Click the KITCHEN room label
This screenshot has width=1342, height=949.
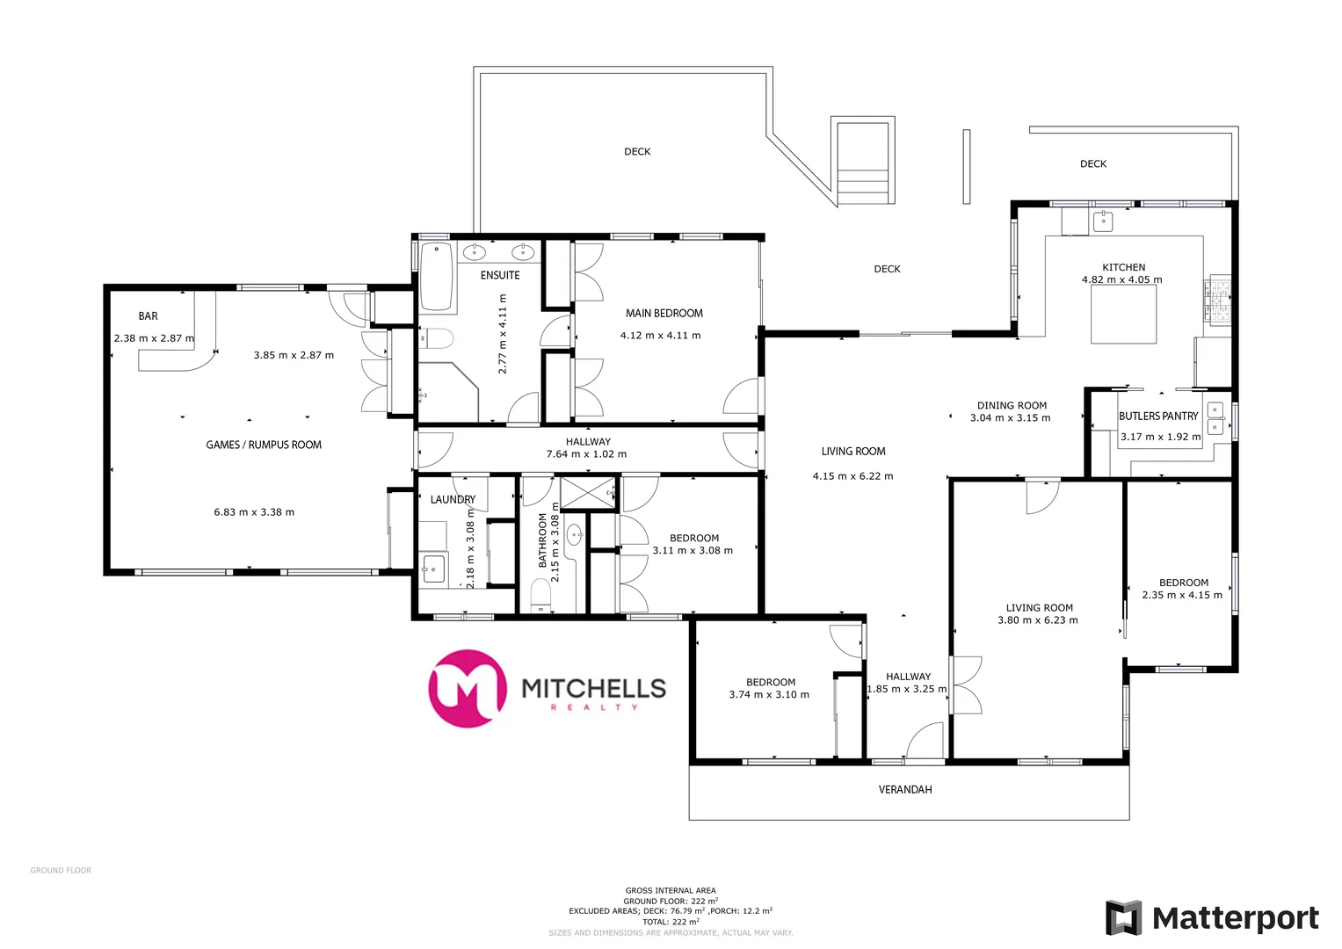[1123, 267]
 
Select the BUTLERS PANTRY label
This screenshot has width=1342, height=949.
[1158, 417]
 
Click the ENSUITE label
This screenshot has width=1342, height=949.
[500, 275]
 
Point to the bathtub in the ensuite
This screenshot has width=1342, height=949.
[436, 277]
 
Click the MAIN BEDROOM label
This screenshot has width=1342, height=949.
[664, 313]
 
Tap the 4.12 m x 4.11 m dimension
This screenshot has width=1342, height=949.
[660, 336]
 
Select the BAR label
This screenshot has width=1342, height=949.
[148, 316]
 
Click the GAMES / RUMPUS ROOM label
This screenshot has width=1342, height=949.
[264, 446]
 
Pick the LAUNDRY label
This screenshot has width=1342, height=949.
[453, 499]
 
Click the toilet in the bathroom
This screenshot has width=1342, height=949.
[540, 597]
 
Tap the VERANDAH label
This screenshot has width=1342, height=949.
[905, 790]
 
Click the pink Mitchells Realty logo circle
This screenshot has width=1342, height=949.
[467, 688]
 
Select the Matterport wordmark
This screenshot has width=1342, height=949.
[1235, 919]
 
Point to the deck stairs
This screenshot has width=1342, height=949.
[863, 163]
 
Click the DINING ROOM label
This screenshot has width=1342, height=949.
[1012, 406]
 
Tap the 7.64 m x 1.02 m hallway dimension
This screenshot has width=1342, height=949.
[586, 454]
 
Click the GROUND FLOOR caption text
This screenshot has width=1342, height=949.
[61, 871]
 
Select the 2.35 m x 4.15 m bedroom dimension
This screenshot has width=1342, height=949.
[1182, 595]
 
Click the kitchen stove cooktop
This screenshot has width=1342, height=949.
[1218, 299]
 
